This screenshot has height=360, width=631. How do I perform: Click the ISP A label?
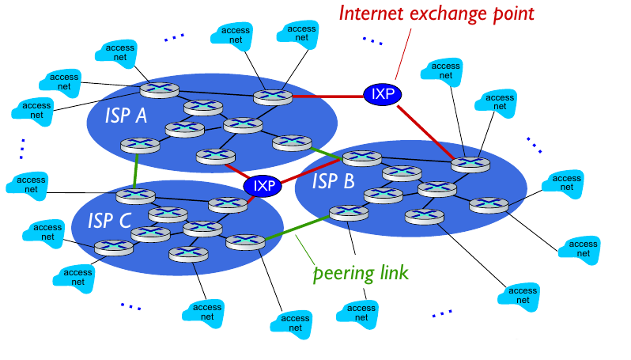tap(126, 116)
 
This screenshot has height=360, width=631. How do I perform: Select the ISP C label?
tap(109, 220)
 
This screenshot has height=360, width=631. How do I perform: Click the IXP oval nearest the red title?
tap(382, 94)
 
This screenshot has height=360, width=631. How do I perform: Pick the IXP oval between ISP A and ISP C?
tap(263, 186)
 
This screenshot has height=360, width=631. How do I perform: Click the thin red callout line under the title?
tap(401, 52)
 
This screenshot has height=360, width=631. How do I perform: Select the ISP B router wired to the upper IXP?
tap(470, 165)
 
